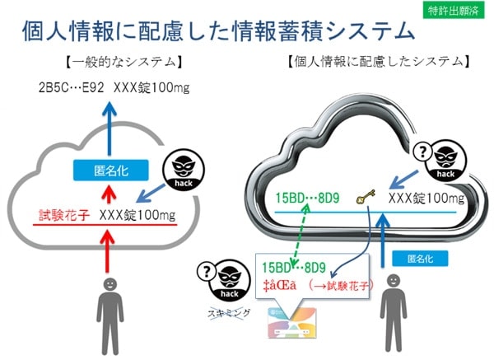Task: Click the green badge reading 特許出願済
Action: pos(456,11)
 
